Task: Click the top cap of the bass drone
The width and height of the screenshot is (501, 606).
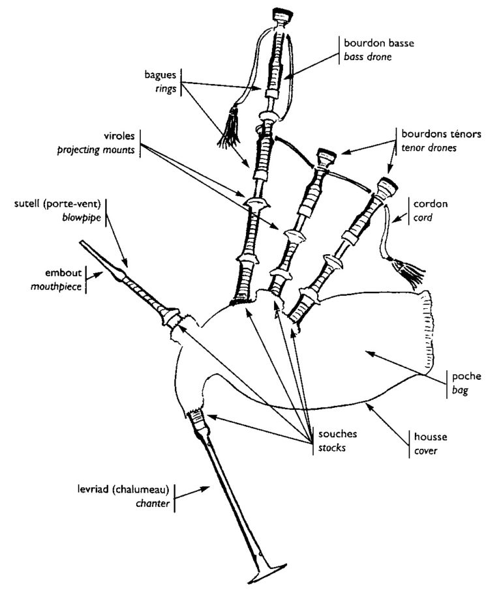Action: tap(282, 12)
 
